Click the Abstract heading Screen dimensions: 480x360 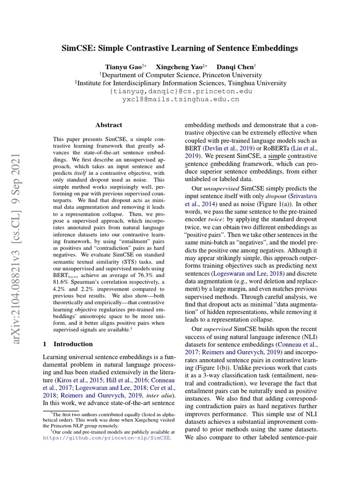[109, 125]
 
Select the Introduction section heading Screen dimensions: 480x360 [67, 344]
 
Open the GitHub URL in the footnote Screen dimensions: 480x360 [107, 438]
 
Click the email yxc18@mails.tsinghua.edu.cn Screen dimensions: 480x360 [180, 99]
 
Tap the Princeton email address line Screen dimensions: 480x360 [180, 91]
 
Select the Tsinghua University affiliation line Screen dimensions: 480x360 [180, 83]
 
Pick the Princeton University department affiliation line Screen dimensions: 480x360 [180, 75]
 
